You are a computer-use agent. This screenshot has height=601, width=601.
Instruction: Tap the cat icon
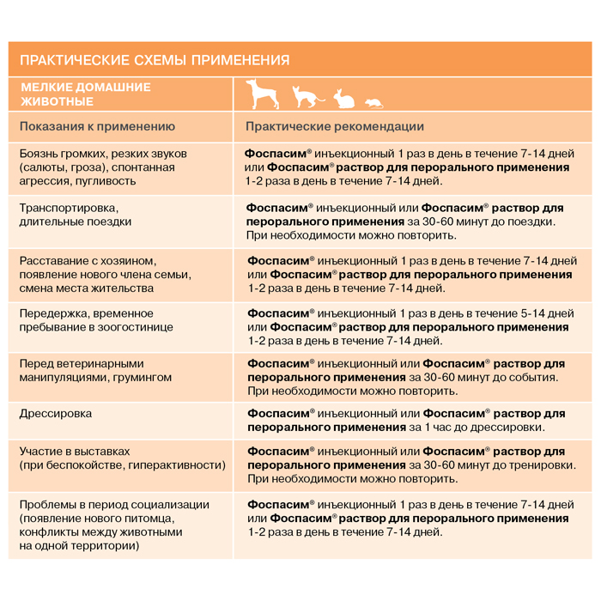(x=305, y=97)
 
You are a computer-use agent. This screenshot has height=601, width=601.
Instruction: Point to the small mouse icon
(x=373, y=103)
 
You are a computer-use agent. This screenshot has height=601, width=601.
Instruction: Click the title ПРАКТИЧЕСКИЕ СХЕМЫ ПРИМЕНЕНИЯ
(x=154, y=60)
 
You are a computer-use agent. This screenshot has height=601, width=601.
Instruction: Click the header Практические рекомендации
(x=335, y=126)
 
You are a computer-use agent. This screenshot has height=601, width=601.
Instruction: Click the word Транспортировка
(x=68, y=208)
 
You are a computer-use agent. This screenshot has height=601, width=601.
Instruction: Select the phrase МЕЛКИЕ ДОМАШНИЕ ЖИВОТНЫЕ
(x=85, y=94)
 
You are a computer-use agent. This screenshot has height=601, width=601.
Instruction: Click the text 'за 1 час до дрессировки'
(x=477, y=427)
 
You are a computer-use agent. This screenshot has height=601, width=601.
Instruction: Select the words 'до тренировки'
(x=534, y=464)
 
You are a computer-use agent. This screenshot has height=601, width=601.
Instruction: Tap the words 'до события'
(x=523, y=377)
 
